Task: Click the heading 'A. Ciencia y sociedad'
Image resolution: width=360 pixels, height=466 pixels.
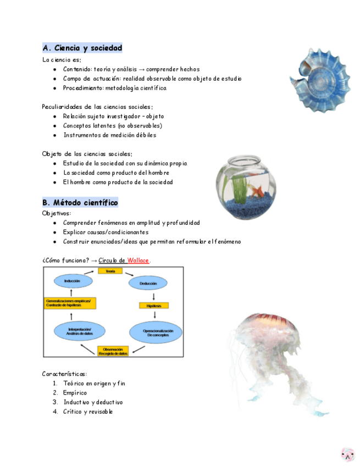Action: (x=82, y=48)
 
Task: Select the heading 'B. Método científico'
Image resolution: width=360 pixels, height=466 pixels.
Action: (x=80, y=203)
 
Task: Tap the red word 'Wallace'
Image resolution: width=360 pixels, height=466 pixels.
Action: (x=138, y=260)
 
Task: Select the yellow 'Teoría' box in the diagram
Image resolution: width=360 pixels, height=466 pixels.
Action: (x=110, y=270)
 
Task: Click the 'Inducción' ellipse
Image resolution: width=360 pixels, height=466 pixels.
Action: (x=72, y=281)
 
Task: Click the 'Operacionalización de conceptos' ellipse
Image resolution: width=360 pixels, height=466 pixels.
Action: (x=154, y=332)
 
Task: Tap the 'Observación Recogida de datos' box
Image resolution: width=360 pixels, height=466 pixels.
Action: (x=113, y=351)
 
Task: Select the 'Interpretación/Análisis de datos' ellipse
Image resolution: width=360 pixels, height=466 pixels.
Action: (x=76, y=331)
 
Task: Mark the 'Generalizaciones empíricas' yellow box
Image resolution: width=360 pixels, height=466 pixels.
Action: (x=70, y=303)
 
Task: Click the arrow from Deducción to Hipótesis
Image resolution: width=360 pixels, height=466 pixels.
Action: (x=154, y=295)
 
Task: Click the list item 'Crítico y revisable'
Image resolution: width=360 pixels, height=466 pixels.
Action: (x=88, y=412)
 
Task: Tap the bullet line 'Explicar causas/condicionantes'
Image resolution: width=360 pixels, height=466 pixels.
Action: (x=98, y=232)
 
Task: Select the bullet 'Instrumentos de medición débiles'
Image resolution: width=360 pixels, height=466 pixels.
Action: (x=109, y=135)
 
